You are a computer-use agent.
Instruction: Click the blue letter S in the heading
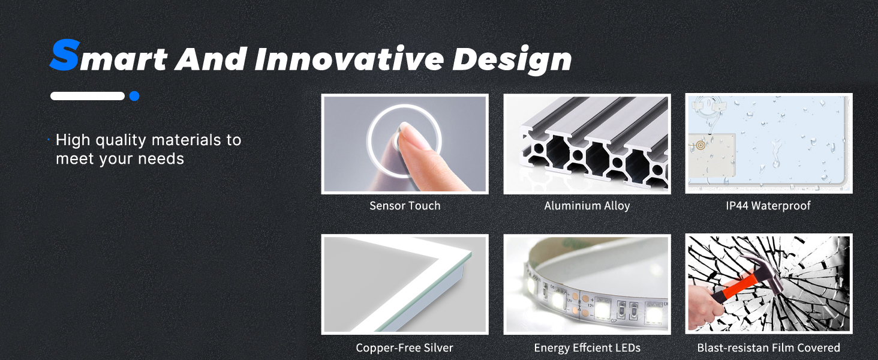[65, 55]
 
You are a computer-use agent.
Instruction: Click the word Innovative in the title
[349, 59]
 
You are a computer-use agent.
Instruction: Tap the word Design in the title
[512, 60]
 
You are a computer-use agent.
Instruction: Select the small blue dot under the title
[134, 96]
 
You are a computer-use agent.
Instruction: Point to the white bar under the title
[88, 96]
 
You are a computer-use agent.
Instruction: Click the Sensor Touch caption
[405, 206]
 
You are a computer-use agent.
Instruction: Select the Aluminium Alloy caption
[587, 206]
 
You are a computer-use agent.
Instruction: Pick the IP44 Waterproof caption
[768, 206]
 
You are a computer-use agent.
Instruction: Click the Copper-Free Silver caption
[404, 348]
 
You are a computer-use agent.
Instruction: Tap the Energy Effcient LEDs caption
[587, 348]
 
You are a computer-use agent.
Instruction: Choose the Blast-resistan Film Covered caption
[769, 348]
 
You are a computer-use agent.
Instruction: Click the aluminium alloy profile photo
[587, 144]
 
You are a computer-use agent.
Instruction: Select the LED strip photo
[587, 284]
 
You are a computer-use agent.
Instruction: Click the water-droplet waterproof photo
[769, 143]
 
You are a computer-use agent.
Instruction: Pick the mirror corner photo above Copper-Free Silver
[405, 284]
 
